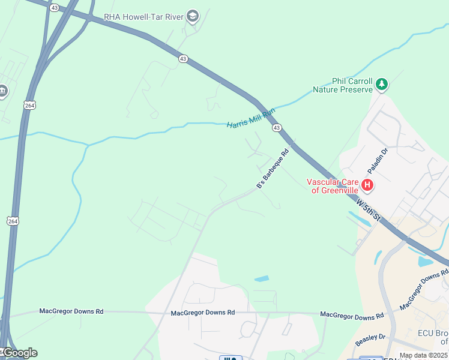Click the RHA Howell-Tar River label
143,17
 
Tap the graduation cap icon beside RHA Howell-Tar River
192,16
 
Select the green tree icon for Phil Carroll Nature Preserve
382,85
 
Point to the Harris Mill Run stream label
251,118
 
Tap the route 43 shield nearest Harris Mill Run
276,128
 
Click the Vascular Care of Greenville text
333,186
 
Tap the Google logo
19,353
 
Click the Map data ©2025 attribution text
424,356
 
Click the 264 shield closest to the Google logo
11,221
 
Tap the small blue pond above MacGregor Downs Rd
262,279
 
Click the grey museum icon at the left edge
2,91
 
